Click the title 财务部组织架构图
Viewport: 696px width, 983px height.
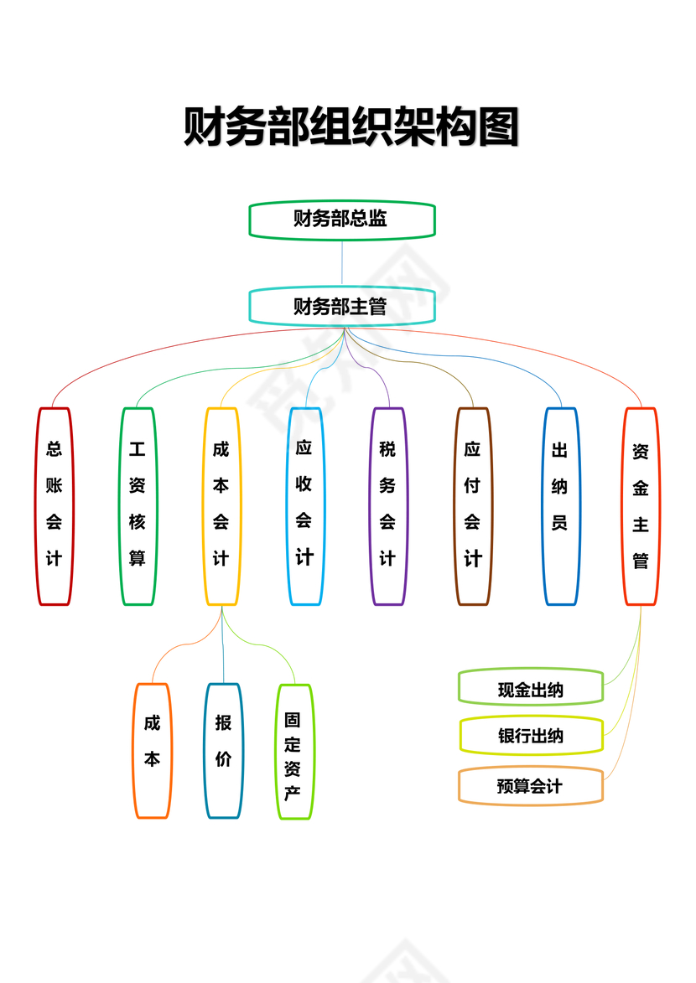click(351, 127)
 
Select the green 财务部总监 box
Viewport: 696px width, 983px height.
click(342, 220)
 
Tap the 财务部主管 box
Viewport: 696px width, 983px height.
click(342, 306)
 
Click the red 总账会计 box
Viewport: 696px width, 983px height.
click(55, 505)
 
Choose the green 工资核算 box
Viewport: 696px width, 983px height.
click(138, 505)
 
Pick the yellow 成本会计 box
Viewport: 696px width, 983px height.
click(221, 505)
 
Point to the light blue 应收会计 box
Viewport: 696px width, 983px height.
click(305, 505)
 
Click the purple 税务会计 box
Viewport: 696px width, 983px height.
click(387, 505)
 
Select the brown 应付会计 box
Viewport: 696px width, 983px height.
click(473, 505)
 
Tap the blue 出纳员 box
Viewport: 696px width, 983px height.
click(560, 505)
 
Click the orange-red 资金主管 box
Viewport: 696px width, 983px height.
click(641, 505)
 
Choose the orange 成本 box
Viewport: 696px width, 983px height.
click(153, 750)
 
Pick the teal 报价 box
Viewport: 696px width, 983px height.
click(224, 750)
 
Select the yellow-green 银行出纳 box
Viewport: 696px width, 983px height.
click(530, 736)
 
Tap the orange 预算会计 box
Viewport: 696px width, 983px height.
click(530, 786)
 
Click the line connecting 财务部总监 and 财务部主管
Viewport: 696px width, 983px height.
click(342, 263)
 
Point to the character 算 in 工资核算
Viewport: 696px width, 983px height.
click(138, 558)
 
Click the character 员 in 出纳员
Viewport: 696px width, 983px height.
click(560, 523)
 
